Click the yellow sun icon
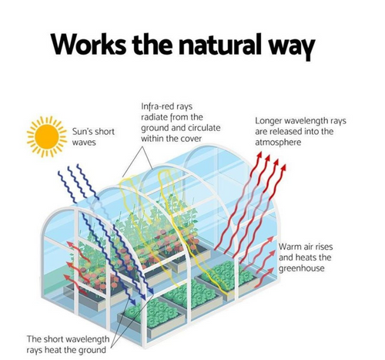pos(46,136)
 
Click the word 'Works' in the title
pos(89,44)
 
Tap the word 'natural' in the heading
pos(220,44)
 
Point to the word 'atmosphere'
pos(278,142)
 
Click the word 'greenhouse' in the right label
pos(302,268)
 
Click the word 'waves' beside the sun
pos(84,143)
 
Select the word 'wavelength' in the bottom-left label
pos(88,339)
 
